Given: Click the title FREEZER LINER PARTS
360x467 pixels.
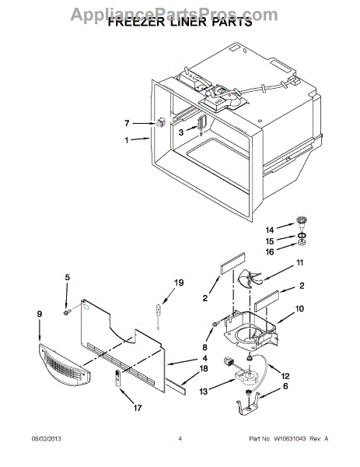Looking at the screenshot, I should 180,23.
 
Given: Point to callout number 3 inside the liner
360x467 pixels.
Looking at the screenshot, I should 181,133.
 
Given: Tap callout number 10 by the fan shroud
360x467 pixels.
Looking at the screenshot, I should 299,309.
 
